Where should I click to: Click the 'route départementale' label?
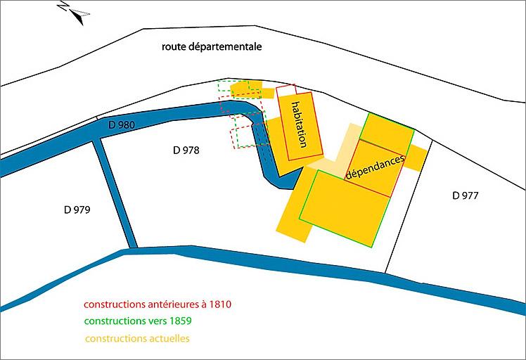click(212, 47)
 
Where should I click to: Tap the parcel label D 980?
click(121, 125)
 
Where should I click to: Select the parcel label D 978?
click(186, 150)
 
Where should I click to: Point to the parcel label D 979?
click(77, 210)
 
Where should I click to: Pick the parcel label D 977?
click(465, 195)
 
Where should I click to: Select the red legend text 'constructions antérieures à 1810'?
click(158, 305)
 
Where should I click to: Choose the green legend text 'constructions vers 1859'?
click(138, 321)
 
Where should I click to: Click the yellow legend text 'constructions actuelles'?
click(137, 338)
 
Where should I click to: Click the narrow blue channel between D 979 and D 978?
click(115, 193)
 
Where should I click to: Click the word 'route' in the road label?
click(174, 47)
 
